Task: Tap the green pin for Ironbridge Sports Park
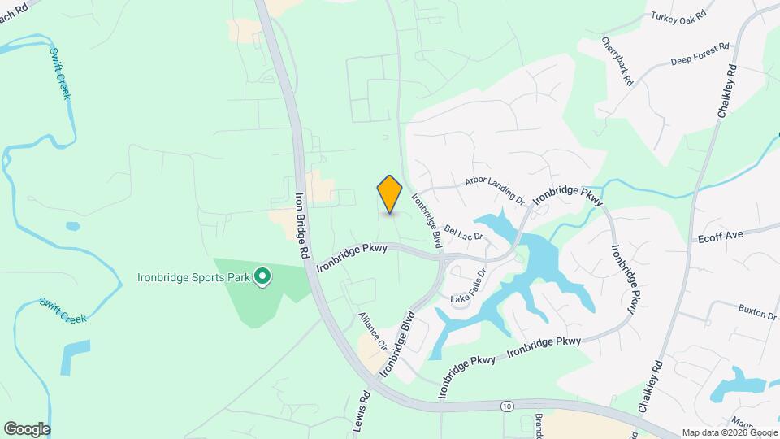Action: [262, 278]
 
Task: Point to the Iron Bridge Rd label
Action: [301, 225]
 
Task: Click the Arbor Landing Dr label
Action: [495, 188]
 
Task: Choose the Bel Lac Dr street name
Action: [463, 233]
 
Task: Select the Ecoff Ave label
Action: [721, 236]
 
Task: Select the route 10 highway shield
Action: [508, 406]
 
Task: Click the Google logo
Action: [27, 429]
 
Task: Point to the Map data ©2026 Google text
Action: [729, 432]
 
